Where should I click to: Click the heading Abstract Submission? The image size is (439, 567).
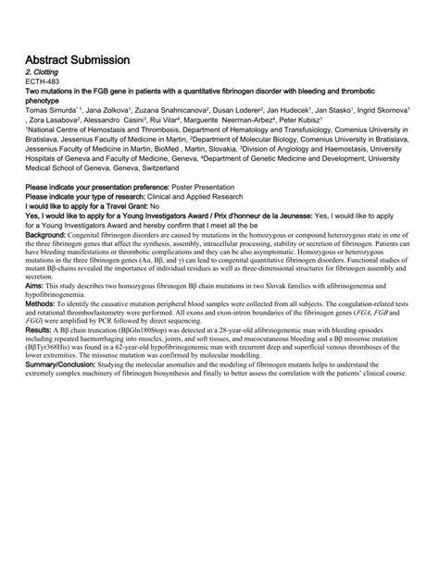coord(77,59)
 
